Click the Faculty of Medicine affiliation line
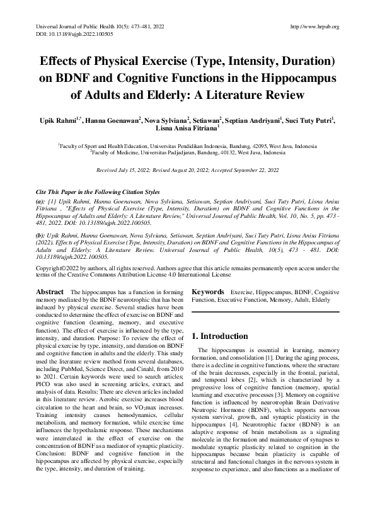tap(187, 151)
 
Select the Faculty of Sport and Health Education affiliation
tap(187, 144)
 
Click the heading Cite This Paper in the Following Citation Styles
tap(97, 192)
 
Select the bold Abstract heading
tap(50, 292)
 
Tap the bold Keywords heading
tap(208, 292)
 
